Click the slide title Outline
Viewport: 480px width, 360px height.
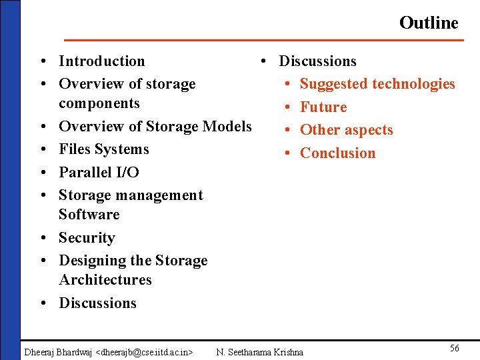click(x=429, y=23)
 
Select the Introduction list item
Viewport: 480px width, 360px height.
click(x=101, y=61)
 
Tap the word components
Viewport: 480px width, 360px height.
click(x=99, y=103)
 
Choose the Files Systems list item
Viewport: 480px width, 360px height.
click(x=103, y=149)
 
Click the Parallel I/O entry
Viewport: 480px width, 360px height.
click(x=99, y=172)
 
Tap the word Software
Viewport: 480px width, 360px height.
click(x=89, y=215)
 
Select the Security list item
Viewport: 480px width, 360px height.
click(x=87, y=238)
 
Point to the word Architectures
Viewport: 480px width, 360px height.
click(x=105, y=280)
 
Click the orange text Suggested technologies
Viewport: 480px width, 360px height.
click(x=377, y=84)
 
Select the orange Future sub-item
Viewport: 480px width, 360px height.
click(x=323, y=107)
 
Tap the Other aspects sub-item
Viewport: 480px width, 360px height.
click(x=346, y=130)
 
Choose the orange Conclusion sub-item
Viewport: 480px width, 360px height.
click(x=337, y=153)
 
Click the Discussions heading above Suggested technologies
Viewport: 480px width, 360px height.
click(x=317, y=61)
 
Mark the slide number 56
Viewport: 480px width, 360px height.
click(x=454, y=348)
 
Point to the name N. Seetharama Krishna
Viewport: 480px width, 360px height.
click(x=259, y=351)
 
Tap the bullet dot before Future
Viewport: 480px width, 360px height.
click(x=287, y=107)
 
